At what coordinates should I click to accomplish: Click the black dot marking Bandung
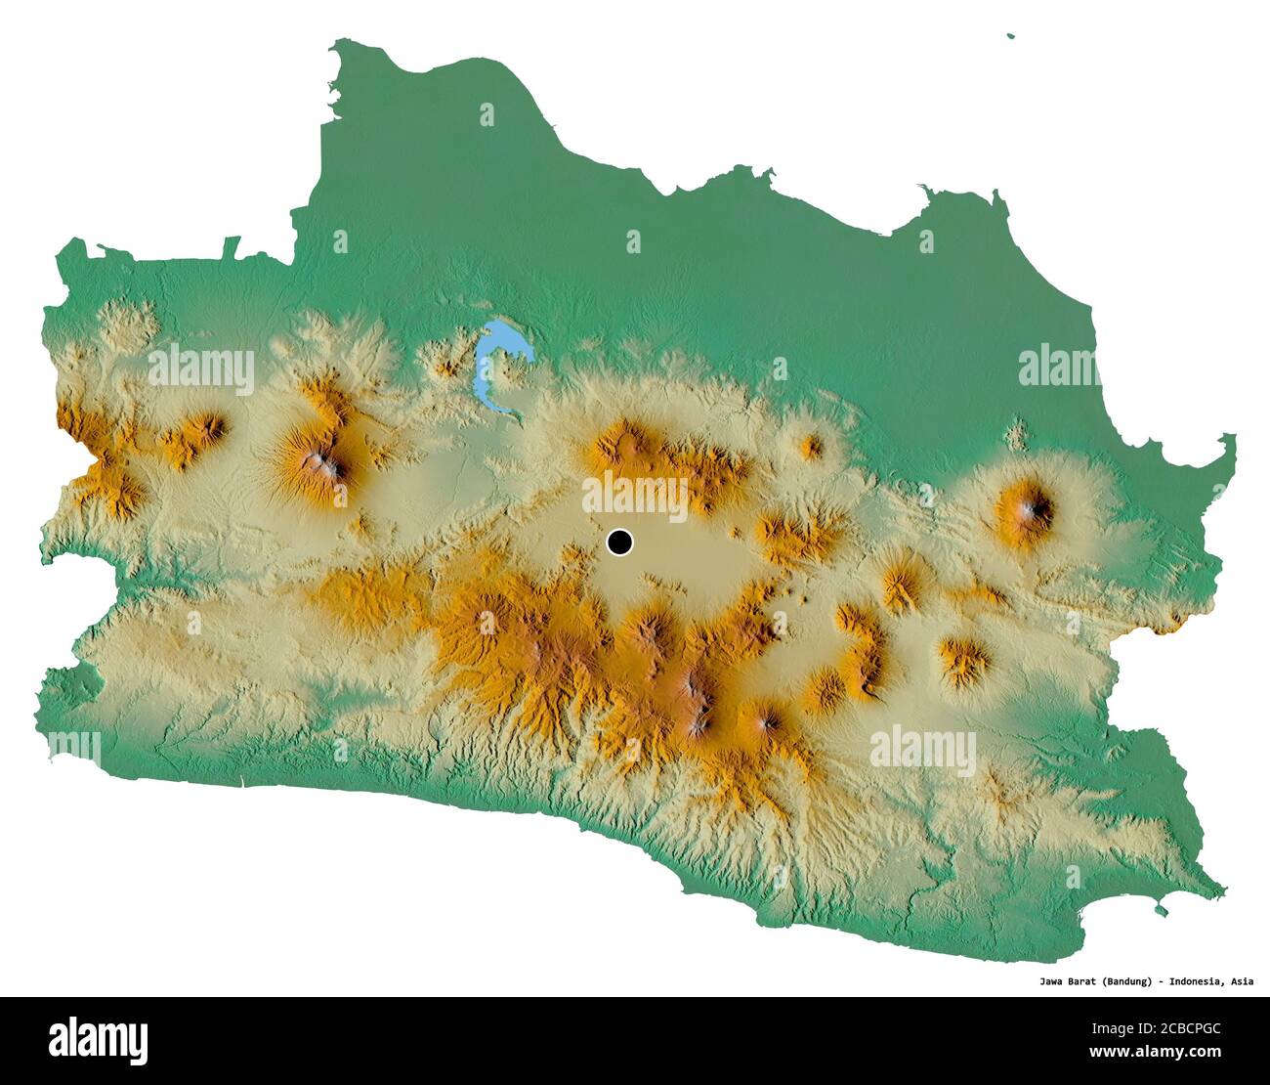point(619,542)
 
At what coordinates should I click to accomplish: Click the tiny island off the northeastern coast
point(1011,37)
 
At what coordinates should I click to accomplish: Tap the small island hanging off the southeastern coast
point(1161,911)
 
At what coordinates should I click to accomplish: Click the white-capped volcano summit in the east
point(1030,507)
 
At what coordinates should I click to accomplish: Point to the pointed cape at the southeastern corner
point(1221,890)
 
